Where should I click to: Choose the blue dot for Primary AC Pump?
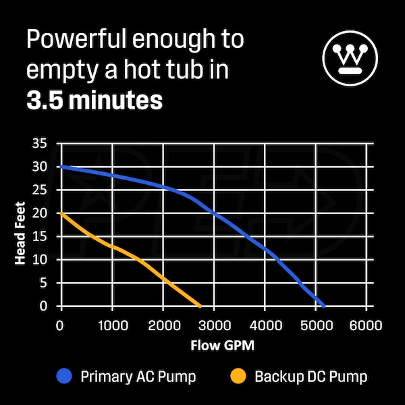pos(64,375)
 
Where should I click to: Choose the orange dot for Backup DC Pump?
pos(238,375)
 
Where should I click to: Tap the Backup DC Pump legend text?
pos(311,376)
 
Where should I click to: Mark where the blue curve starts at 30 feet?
pos(61,167)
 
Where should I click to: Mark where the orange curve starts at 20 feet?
pos(61,213)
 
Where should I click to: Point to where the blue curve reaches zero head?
pos(324,306)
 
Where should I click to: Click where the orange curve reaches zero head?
pos(200,306)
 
